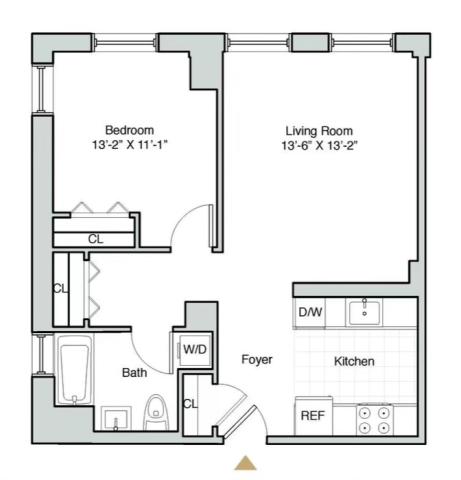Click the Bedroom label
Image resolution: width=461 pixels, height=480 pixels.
[129, 130]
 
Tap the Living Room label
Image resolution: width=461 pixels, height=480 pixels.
[319, 131]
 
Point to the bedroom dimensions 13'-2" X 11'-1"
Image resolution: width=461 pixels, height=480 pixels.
[129, 145]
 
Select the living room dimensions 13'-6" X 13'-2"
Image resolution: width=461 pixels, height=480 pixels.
[319, 146]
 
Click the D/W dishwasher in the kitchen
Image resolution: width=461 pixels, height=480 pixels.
[310, 312]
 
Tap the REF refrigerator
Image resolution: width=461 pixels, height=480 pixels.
[313, 415]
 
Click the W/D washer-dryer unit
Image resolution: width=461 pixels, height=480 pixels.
[195, 350]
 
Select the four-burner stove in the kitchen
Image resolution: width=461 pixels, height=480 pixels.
[374, 420]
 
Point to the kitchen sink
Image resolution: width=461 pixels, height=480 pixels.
[364, 313]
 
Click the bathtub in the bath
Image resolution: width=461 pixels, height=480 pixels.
[74, 369]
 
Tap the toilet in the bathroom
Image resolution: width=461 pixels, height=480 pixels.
[156, 412]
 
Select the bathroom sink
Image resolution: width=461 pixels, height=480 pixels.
[116, 418]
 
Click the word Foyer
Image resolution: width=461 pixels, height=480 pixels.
[257, 359]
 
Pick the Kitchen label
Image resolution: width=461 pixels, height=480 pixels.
[354, 361]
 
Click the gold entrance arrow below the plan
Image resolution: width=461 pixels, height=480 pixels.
[245, 463]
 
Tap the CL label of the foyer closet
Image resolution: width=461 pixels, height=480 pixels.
[190, 404]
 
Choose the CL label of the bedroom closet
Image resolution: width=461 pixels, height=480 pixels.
[96, 239]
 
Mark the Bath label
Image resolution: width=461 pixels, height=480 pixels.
[134, 372]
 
